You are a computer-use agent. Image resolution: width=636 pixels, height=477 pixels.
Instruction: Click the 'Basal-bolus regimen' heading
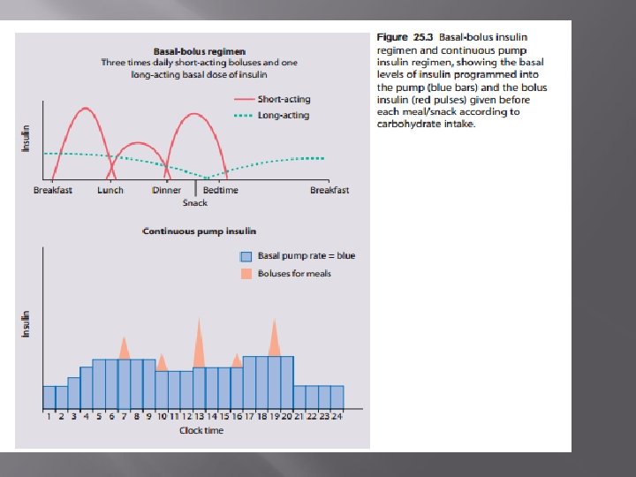click(199, 52)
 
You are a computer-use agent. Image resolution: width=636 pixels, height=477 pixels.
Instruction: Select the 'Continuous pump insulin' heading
click(199, 231)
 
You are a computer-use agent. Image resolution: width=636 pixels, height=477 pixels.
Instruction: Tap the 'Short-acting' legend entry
click(284, 100)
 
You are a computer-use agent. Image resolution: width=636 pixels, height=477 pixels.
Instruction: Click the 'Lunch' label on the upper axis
click(110, 190)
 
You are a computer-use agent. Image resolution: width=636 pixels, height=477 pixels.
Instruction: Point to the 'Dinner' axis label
click(166, 190)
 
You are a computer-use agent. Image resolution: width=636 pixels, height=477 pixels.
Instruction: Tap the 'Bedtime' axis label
click(220, 190)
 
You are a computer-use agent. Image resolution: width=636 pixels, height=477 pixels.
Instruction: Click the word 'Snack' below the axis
click(195, 203)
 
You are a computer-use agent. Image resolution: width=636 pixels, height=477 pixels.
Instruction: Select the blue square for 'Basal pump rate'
click(246, 256)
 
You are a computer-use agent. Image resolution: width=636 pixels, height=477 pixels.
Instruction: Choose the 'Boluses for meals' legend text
click(294, 274)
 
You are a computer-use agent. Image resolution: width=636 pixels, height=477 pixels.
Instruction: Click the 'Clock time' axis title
click(201, 430)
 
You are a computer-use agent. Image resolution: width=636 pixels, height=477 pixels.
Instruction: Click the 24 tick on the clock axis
click(337, 416)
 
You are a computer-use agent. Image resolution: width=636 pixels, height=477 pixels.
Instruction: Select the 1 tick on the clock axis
click(49, 416)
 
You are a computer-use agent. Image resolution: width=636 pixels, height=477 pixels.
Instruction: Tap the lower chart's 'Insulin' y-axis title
click(26, 324)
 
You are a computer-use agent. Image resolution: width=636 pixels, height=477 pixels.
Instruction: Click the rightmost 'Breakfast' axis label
click(329, 190)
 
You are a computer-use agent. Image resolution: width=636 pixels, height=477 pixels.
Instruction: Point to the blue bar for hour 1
click(49, 397)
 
